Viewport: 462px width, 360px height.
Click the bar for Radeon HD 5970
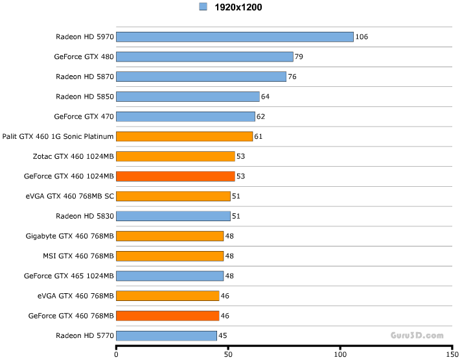[235, 37]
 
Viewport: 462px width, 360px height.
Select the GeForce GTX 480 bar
[205, 57]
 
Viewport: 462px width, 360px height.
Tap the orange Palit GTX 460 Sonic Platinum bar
[185, 136]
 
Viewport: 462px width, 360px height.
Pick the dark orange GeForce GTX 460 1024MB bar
[176, 176]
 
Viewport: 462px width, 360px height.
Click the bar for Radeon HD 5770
[167, 335]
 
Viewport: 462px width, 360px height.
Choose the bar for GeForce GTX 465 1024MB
[170, 276]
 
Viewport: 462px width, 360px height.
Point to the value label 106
[362, 37]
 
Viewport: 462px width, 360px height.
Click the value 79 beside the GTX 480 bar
[299, 57]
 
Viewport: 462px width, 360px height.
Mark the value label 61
[259, 136]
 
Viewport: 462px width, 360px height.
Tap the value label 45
[222, 335]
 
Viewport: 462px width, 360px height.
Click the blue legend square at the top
[203, 7]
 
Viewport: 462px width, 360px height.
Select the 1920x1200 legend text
[238, 7]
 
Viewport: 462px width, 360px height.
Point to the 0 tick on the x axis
[116, 355]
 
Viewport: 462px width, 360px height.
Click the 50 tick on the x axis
[228, 355]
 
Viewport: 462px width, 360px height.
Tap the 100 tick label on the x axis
[340, 355]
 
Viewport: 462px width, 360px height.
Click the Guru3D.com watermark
[417, 335]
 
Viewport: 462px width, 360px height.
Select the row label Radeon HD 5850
[85, 97]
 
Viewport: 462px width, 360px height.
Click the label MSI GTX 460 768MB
[78, 256]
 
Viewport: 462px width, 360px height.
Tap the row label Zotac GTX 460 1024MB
[73, 156]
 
